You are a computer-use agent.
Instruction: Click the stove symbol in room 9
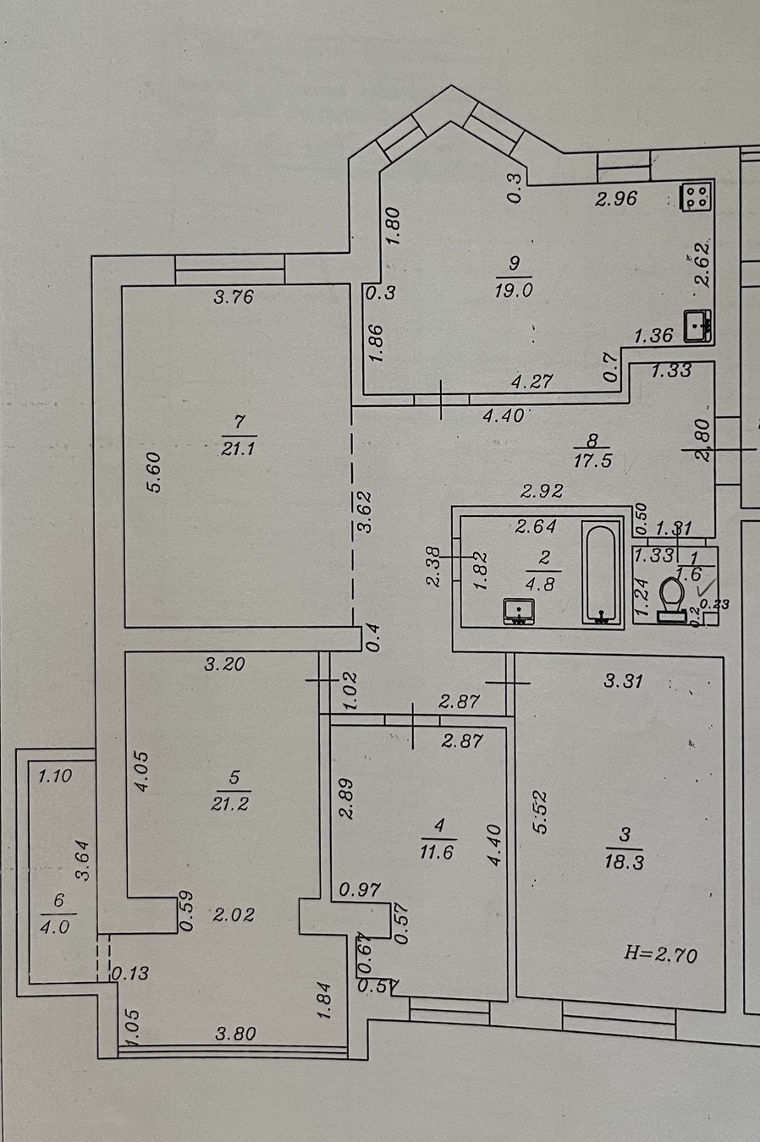697,198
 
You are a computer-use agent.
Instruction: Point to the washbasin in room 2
518,611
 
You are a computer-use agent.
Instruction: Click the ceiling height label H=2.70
660,955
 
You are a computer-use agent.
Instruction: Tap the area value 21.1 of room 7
238,449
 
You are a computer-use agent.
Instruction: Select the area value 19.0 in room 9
515,289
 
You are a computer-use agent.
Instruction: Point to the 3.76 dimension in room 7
234,297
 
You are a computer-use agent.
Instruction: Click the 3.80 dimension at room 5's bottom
234,1033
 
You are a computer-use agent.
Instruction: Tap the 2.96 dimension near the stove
615,200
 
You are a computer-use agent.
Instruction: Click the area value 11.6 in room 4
436,852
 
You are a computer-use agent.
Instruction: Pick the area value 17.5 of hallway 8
592,462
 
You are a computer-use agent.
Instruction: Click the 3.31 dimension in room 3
625,680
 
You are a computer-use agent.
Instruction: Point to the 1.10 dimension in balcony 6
55,774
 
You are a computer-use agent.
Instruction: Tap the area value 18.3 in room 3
625,862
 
